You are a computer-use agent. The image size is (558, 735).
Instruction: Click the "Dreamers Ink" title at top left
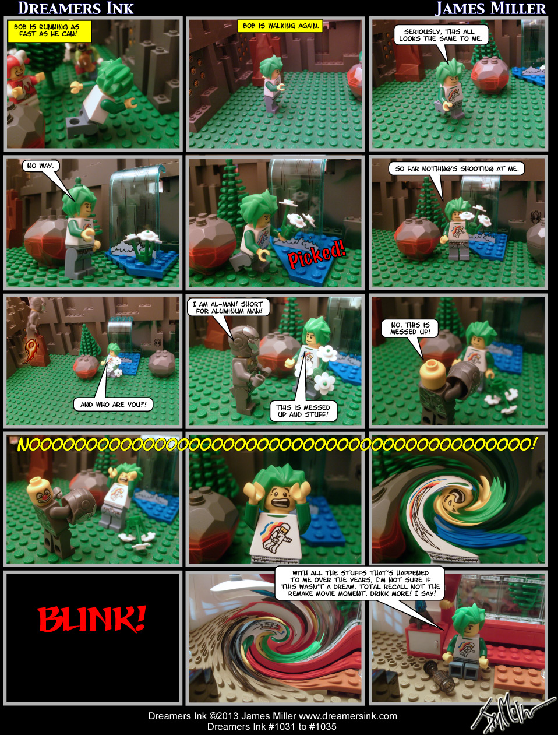pyautogui.click(x=76, y=8)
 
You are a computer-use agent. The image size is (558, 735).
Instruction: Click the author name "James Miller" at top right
pyautogui.click(x=490, y=8)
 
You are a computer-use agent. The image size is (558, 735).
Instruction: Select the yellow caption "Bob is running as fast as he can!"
pyautogui.click(x=50, y=30)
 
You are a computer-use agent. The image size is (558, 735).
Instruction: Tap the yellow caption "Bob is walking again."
pyautogui.click(x=280, y=26)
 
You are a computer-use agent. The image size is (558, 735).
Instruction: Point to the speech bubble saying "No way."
pyautogui.click(x=40, y=166)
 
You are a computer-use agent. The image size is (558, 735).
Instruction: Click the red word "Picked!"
pyautogui.click(x=317, y=255)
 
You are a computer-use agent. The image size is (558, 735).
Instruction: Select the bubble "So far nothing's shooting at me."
pyautogui.click(x=456, y=169)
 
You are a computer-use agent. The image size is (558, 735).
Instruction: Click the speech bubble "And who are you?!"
pyautogui.click(x=113, y=405)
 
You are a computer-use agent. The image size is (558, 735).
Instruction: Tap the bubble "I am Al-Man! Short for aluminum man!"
pyautogui.click(x=227, y=307)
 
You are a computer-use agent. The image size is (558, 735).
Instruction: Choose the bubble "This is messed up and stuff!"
pyautogui.click(x=303, y=411)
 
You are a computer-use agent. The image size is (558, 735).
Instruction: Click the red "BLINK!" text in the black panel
pyautogui.click(x=91, y=620)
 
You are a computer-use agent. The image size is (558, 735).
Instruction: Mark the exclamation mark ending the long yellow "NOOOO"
pyautogui.click(x=533, y=444)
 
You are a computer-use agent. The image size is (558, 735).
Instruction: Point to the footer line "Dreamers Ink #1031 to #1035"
pyautogui.click(x=271, y=726)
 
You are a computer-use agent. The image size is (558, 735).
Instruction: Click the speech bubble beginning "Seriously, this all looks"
pyautogui.click(x=440, y=35)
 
